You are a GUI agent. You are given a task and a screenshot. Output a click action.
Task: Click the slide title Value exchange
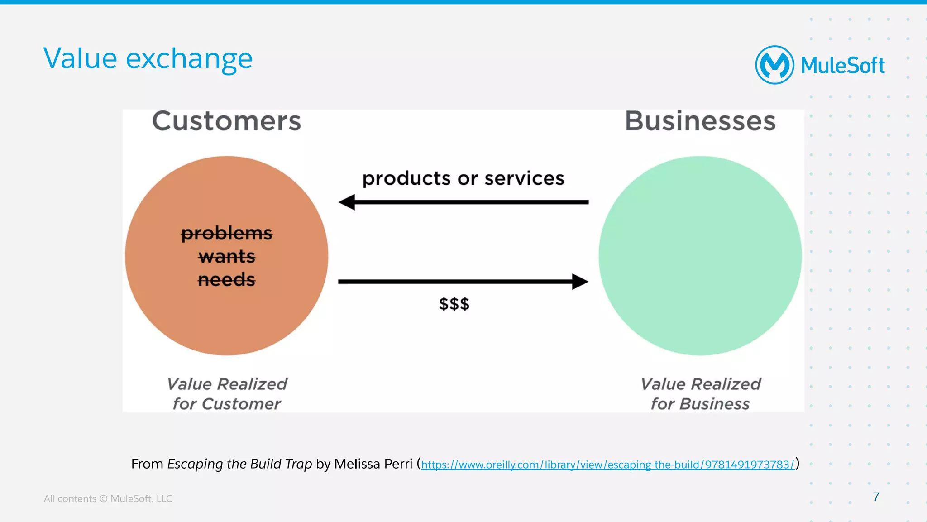148,59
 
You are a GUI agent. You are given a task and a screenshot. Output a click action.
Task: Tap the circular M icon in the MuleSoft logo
774,65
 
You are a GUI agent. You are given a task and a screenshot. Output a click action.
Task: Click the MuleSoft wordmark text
842,66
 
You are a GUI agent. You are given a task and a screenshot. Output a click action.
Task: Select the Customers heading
226,121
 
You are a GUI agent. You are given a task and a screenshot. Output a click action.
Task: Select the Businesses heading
700,121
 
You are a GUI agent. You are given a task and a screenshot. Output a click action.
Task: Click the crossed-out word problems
226,234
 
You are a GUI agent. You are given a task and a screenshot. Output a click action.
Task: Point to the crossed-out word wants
226,257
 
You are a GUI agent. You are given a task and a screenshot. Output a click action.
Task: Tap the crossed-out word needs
226,280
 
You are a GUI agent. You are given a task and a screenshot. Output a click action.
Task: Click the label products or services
463,178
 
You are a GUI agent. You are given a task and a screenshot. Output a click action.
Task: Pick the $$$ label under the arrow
454,304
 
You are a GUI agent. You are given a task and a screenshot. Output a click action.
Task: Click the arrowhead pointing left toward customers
347,202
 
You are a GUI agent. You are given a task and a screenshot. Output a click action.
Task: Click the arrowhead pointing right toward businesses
580,282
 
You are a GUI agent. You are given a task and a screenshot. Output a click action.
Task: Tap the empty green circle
700,256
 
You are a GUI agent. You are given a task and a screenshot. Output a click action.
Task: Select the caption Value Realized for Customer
226,393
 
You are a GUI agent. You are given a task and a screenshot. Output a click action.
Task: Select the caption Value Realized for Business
700,393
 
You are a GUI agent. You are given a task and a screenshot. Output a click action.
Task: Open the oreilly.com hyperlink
607,465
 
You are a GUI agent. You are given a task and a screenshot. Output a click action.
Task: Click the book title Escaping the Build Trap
239,464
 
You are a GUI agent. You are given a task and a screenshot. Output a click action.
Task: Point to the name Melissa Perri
373,464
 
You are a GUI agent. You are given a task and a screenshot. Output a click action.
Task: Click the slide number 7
876,497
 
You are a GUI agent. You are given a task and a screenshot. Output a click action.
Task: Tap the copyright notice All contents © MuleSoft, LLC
108,498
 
